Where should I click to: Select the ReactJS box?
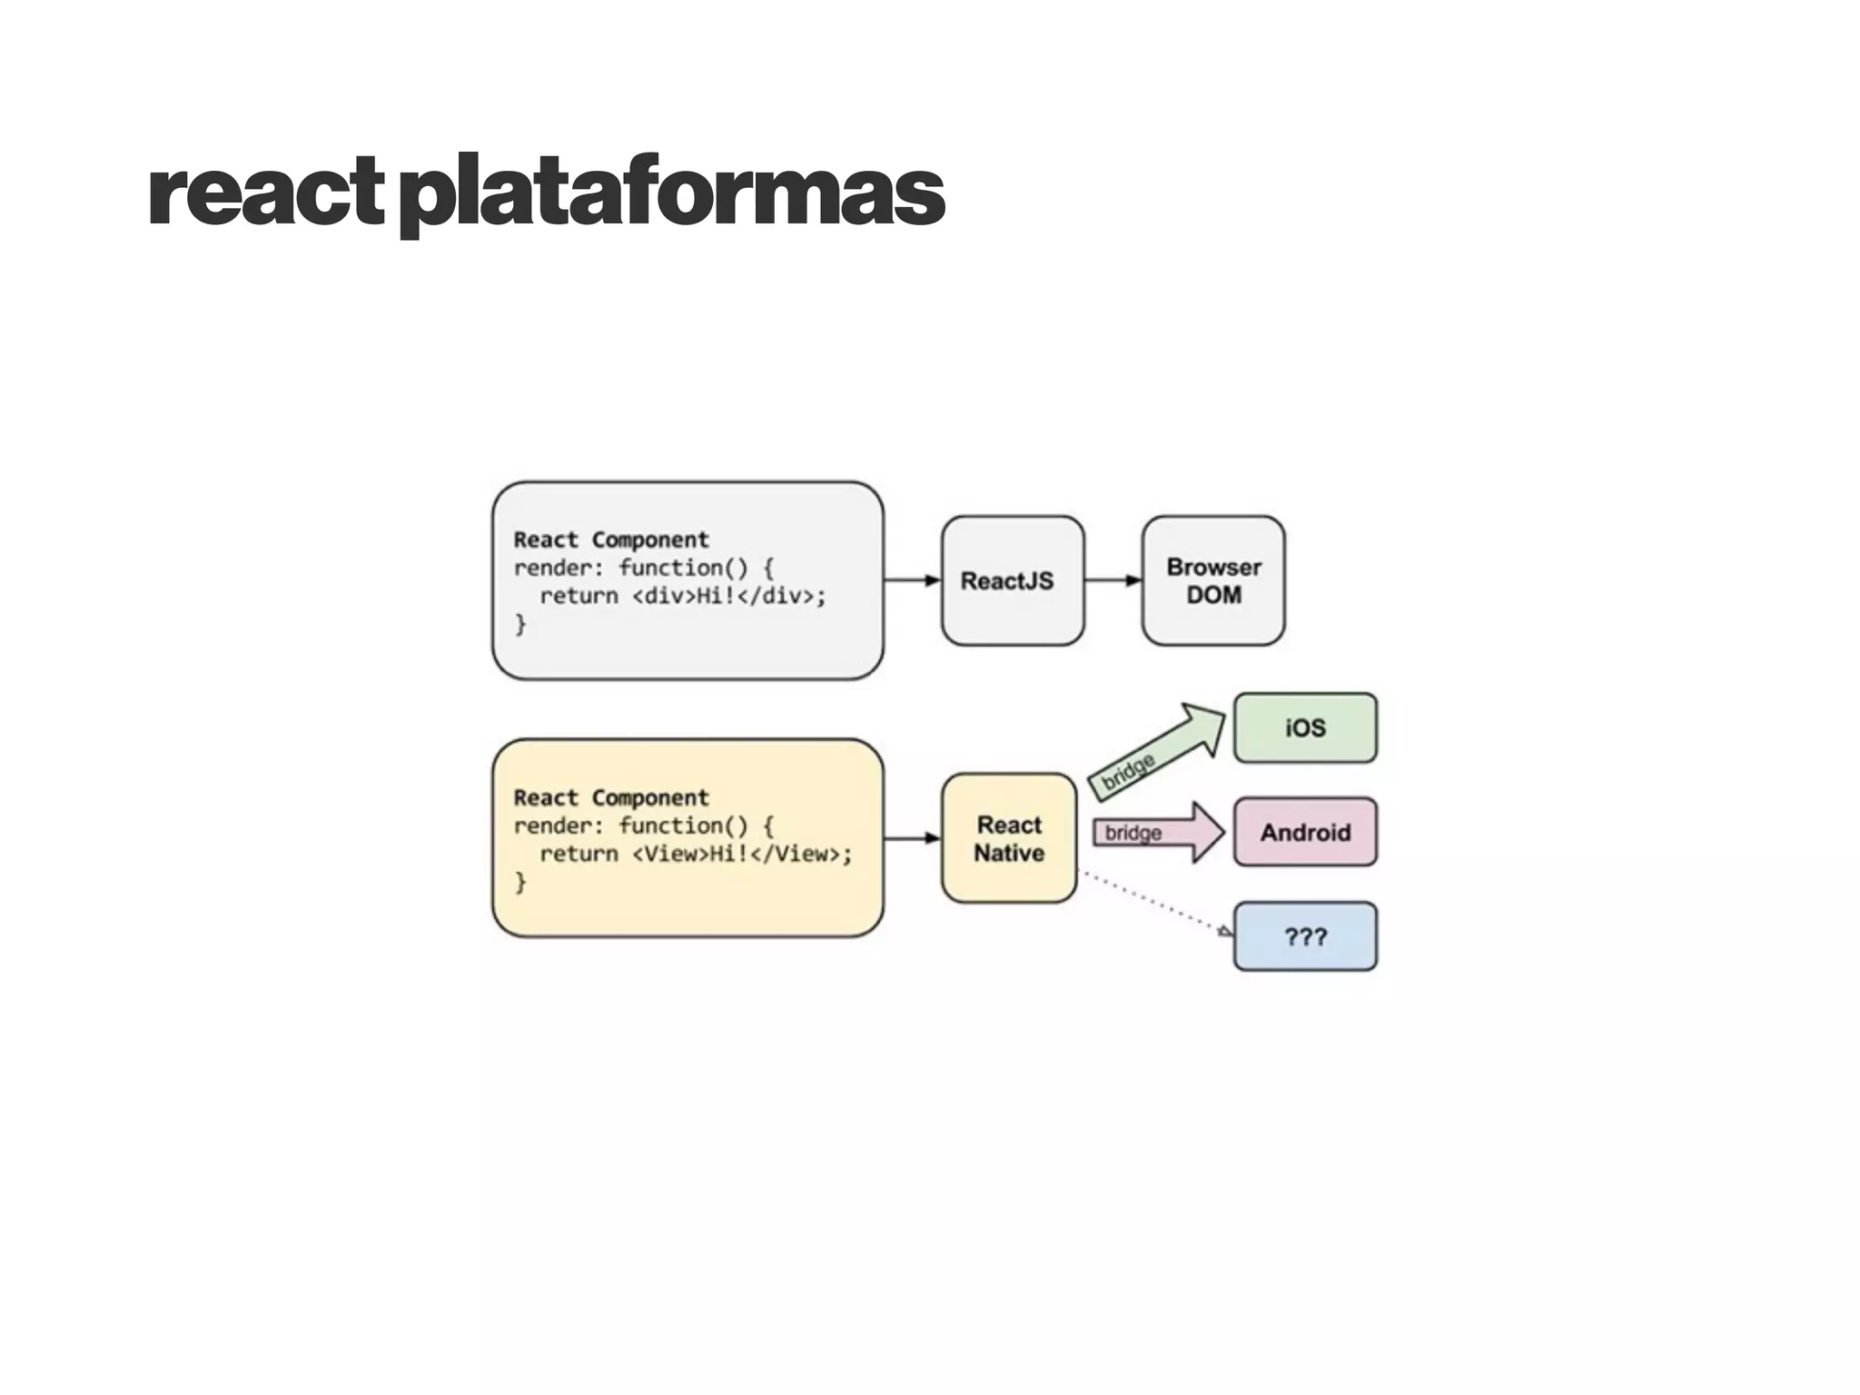(1012, 581)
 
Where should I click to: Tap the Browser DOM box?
(1213, 581)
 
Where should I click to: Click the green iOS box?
(1305, 727)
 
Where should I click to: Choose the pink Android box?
(1305, 832)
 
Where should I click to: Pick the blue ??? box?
(1305, 936)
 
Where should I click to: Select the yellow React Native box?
(1009, 838)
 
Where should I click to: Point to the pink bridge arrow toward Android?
(1158, 832)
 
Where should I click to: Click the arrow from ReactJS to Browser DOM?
(1113, 580)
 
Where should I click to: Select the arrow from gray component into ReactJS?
(912, 580)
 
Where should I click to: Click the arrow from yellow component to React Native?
(912, 838)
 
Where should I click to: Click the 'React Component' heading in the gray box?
(611, 539)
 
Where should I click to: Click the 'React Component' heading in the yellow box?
(611, 797)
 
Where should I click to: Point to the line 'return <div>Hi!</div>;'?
(682, 596)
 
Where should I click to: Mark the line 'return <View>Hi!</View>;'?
(696, 854)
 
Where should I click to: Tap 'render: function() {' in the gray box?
(643, 568)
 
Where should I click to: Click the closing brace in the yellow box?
(520, 882)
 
